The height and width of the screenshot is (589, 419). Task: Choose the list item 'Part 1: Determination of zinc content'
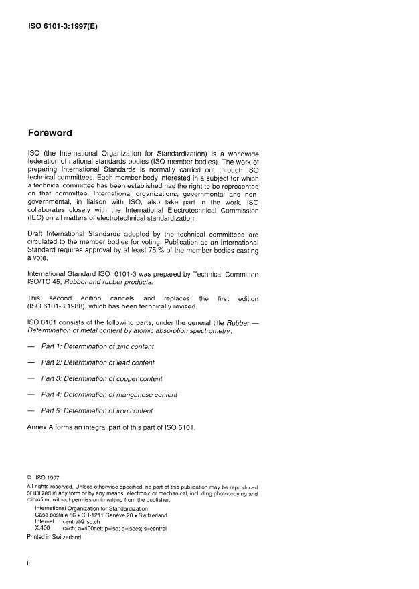click(97, 346)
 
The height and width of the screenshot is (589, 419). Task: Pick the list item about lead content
click(98, 362)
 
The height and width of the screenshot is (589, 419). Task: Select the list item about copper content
click(102, 378)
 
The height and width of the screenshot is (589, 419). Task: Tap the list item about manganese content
click(109, 394)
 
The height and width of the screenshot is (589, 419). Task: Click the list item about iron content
click(97, 410)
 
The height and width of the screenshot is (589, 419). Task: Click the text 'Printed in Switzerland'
click(54, 536)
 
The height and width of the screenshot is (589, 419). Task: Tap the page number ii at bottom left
click(29, 563)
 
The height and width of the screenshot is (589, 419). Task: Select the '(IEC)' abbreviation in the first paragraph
click(37, 217)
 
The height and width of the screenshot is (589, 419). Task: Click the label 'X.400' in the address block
click(43, 528)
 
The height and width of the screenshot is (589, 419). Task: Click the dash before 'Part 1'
click(31, 346)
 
